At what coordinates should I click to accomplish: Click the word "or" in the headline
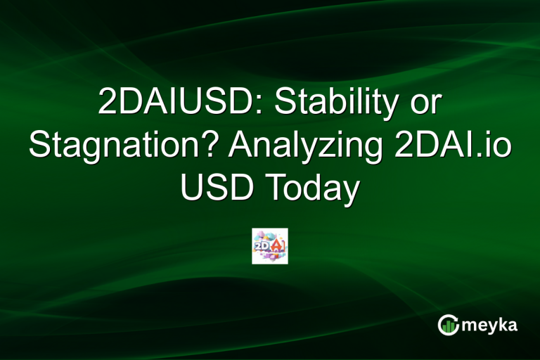[x=423, y=105]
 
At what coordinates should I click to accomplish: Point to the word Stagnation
[x=116, y=147]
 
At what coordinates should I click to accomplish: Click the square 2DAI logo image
[x=270, y=246]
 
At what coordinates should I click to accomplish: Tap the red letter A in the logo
[x=277, y=245]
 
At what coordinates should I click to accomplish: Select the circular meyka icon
[x=449, y=324]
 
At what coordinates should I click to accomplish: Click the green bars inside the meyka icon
[x=448, y=326]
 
